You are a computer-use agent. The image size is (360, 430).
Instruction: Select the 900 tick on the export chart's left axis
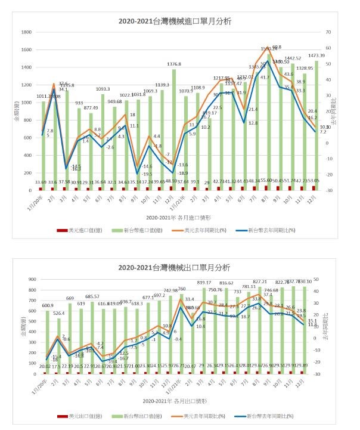(29, 278)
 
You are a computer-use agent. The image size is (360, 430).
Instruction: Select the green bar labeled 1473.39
(316, 125)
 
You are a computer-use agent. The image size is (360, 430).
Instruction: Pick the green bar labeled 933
(79, 149)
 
